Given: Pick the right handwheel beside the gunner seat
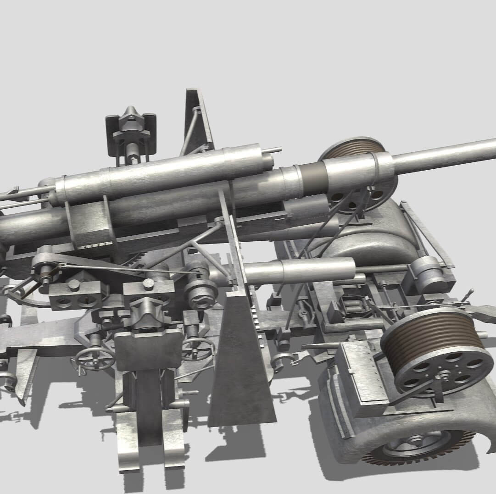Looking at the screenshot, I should coord(198,349).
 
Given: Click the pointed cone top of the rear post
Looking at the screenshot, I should coord(131,112).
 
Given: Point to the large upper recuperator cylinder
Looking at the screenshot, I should coord(161,172).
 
